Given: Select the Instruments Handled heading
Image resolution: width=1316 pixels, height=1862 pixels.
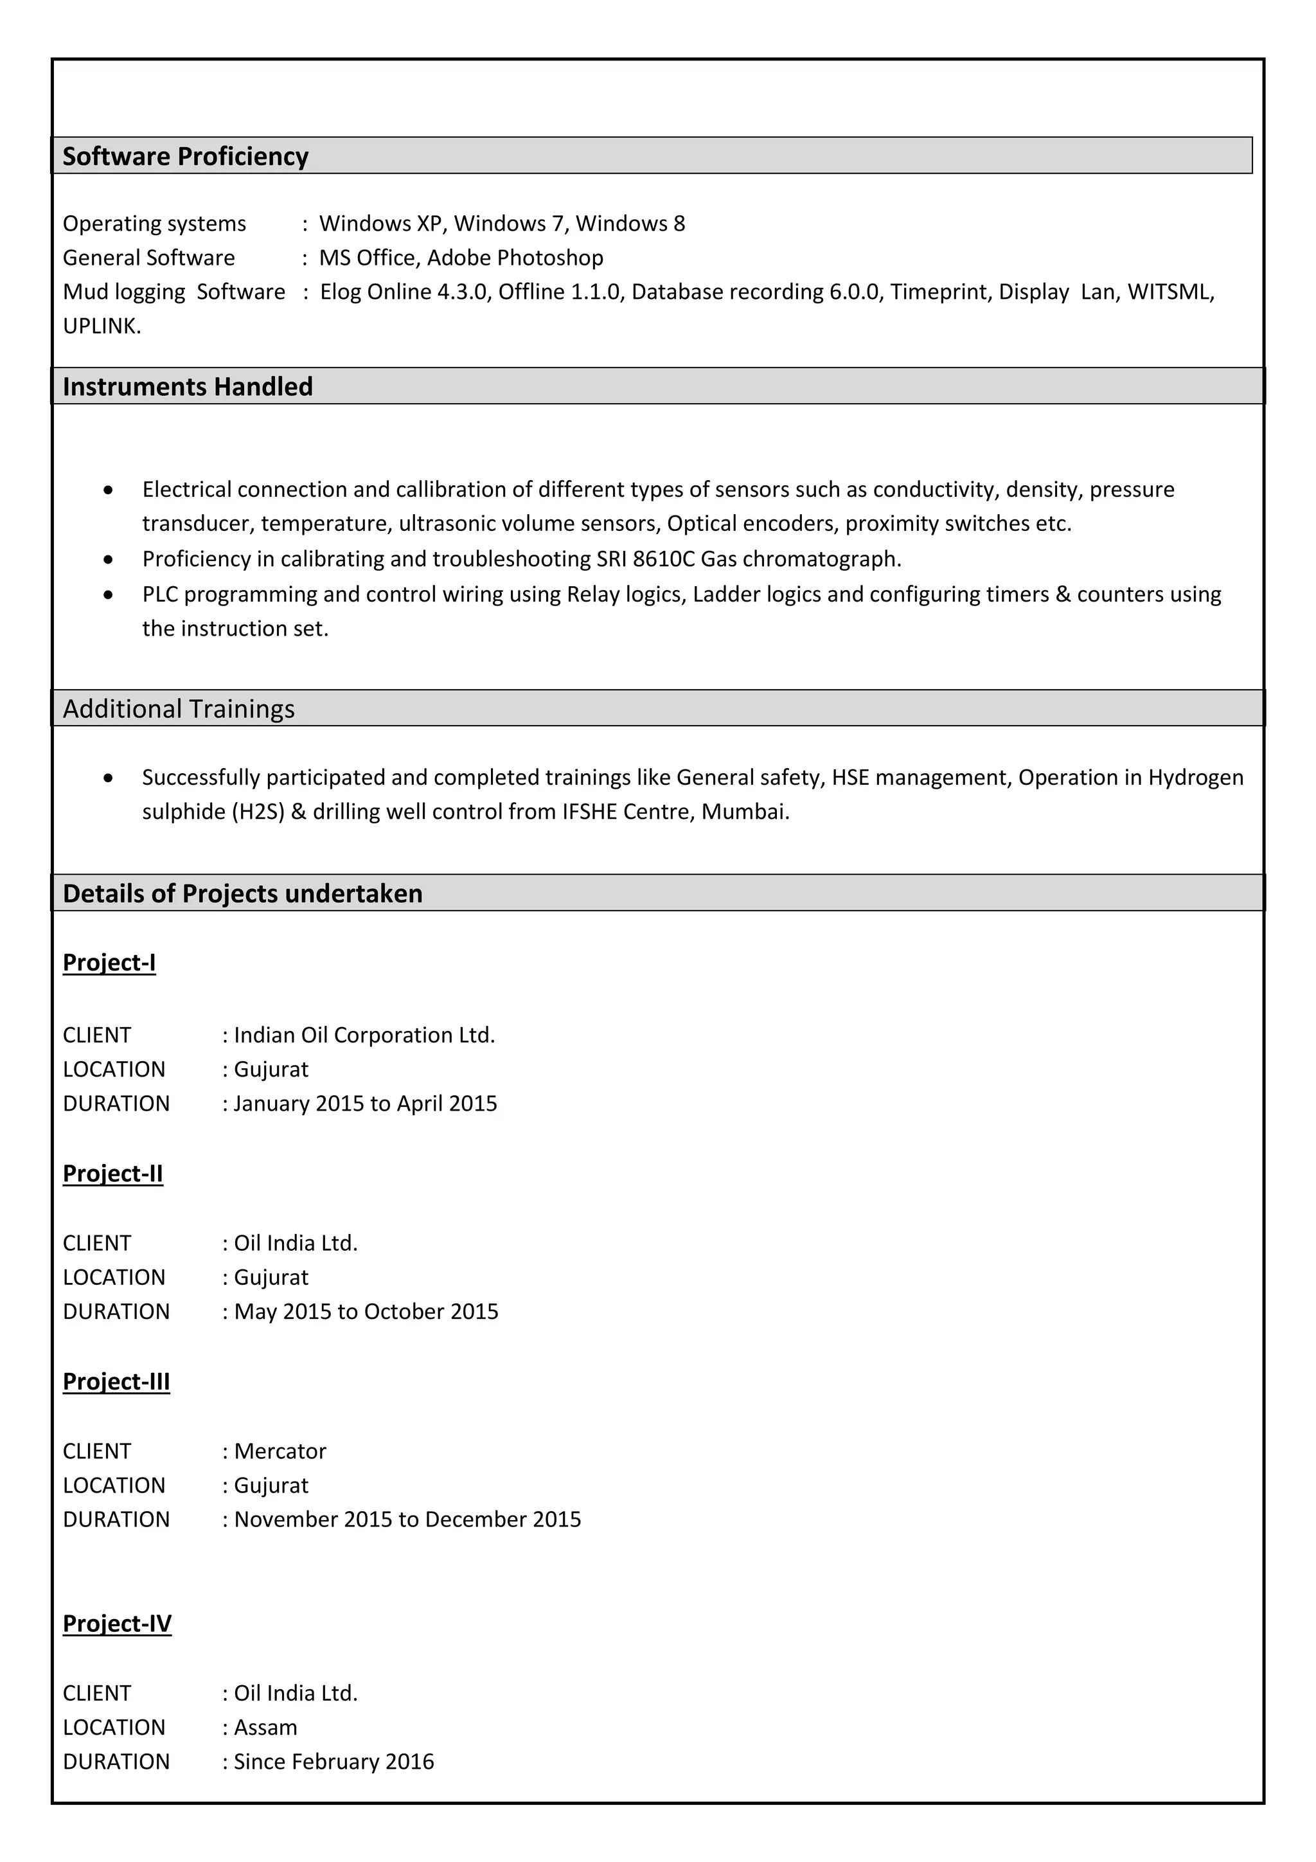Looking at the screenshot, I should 187,386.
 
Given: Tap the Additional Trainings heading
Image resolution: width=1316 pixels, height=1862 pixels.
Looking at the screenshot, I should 179,709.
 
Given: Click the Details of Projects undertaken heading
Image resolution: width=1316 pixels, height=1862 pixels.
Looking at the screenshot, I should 242,893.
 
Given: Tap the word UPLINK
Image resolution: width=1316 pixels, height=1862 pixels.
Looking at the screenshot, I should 102,326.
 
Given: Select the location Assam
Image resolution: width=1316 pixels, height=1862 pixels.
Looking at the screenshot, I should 265,1728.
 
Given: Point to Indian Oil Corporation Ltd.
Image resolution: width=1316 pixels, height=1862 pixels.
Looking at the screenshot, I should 364,1035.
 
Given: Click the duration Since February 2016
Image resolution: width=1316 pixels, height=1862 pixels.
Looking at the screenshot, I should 333,1762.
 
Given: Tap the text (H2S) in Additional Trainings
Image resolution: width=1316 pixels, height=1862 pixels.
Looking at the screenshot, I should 258,812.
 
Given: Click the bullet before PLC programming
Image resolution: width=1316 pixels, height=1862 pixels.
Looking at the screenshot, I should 109,595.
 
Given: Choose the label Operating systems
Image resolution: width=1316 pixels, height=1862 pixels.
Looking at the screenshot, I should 154,224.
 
